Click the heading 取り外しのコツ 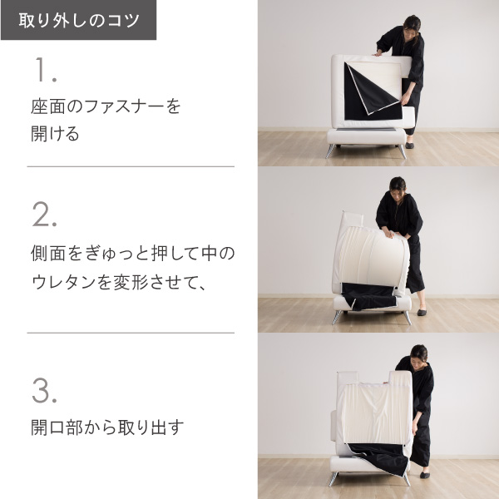coord(79,20)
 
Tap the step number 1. coord(45,69)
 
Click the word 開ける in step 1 coord(55,134)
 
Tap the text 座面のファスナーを coord(106,106)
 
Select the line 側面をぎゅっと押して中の coord(133,254)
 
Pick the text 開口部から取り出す coord(107,427)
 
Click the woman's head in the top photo coord(413,25)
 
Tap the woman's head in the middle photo coord(398,186)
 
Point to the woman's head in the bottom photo coord(418,355)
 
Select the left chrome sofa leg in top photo coord(330,151)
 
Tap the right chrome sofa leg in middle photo coord(407,318)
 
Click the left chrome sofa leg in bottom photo coord(333,479)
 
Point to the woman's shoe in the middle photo coord(422,312)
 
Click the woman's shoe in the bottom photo coord(424,475)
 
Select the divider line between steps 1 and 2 coord(131,166)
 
